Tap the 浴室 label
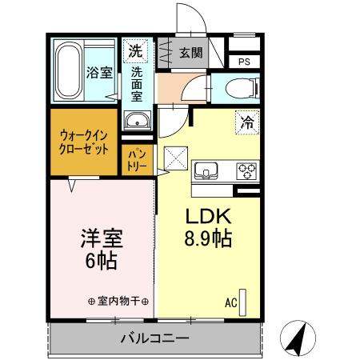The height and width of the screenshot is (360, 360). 98,73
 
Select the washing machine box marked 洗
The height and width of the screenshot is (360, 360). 136,50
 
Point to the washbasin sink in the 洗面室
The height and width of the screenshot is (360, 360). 138,122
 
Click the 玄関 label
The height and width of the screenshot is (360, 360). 191,53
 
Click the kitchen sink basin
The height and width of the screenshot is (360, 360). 206,171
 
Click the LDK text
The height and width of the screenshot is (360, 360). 209,217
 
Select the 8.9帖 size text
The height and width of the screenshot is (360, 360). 210,238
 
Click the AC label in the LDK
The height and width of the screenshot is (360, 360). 230,302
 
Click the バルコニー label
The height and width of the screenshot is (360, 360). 154,338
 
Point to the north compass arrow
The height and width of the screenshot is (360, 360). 296,339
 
